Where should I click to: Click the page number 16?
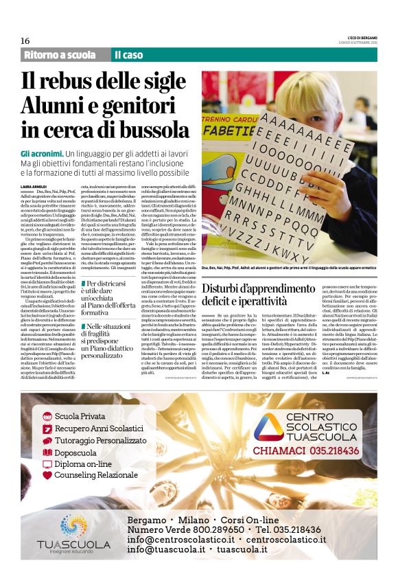click(x=25, y=41)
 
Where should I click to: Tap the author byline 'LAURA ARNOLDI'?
click(x=34, y=187)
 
